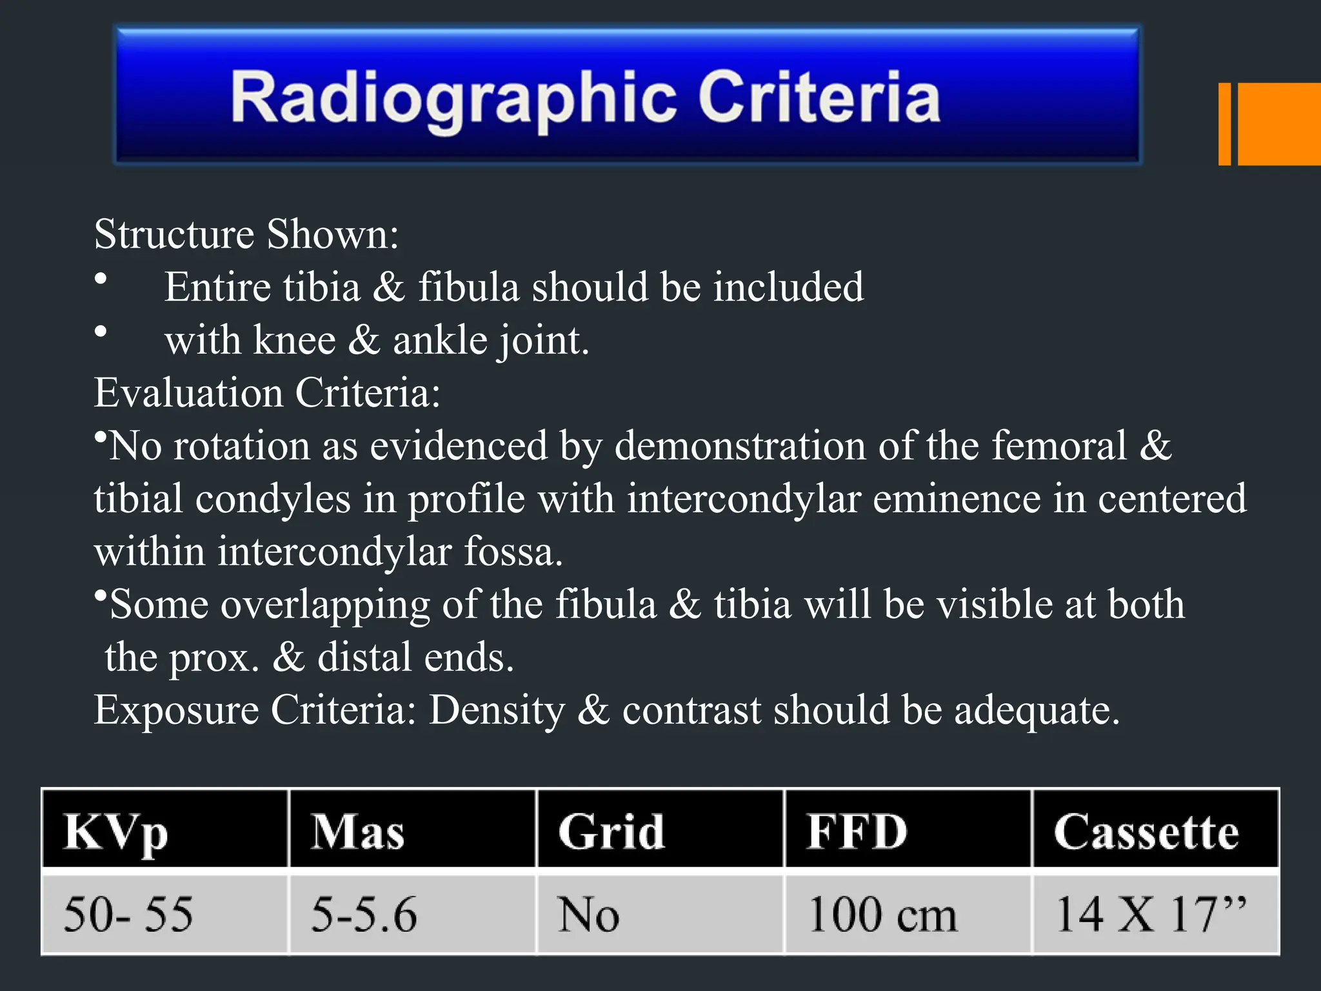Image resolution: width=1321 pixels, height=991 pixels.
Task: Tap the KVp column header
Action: (x=116, y=832)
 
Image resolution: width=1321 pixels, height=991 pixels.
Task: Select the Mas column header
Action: (x=358, y=832)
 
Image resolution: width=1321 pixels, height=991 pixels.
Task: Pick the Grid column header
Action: (x=611, y=832)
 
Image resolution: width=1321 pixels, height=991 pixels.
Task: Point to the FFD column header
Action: (x=857, y=832)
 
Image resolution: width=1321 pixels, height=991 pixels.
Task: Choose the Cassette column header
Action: (x=1146, y=832)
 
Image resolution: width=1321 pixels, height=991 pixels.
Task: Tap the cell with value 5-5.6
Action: (x=364, y=914)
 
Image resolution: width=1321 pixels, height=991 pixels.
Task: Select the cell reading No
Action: (x=588, y=914)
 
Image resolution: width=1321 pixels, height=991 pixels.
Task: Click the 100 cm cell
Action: (x=882, y=914)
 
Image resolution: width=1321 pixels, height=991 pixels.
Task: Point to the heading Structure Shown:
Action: (x=246, y=234)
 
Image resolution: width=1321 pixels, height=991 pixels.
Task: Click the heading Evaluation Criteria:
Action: (x=267, y=393)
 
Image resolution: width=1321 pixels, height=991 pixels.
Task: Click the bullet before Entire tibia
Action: (x=101, y=279)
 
